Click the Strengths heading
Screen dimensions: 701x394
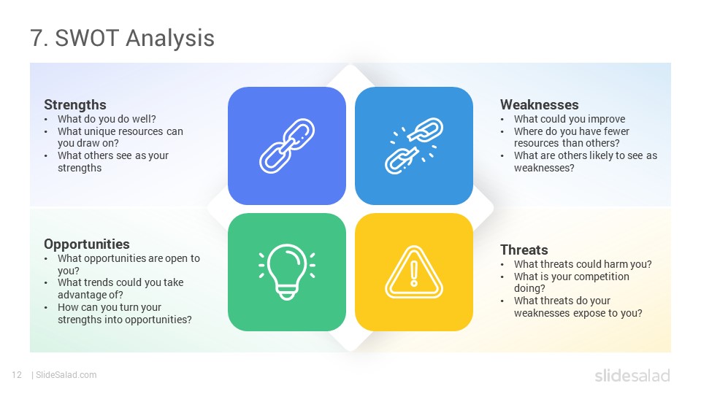75,105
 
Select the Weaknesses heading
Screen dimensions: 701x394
539,104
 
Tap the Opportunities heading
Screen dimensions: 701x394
87,244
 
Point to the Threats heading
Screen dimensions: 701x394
524,250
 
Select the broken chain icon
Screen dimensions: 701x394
414,146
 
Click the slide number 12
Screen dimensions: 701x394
17,375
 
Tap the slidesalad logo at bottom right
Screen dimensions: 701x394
632,375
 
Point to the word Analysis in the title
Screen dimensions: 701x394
170,39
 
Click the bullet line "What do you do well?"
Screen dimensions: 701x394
107,119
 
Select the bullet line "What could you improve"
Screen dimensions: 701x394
570,119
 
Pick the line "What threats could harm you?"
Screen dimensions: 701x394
583,264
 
